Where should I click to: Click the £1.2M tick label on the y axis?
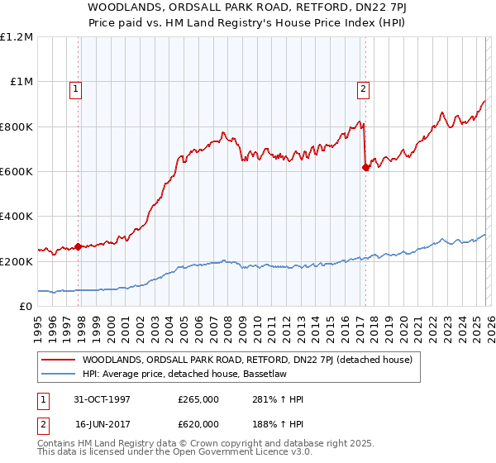tap(17, 37)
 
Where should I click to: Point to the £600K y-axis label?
tap(17, 171)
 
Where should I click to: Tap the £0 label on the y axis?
tap(25, 306)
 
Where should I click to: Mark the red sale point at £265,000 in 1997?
tap(79, 246)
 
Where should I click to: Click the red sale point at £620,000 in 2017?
tap(365, 167)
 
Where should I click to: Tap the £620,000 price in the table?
tap(198, 422)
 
